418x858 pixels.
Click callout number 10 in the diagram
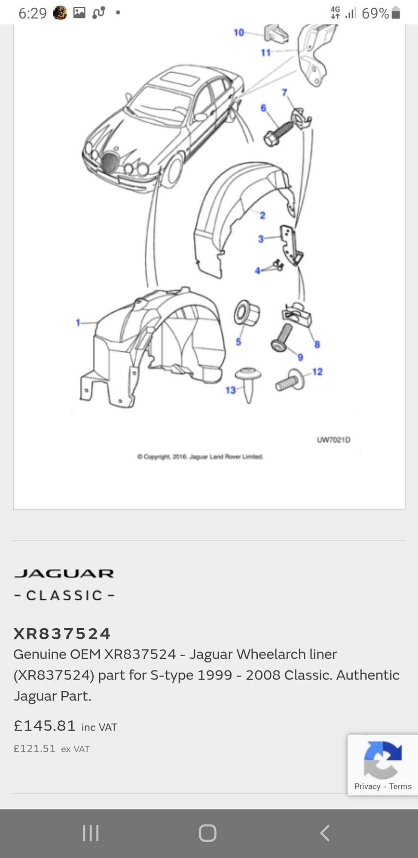(238, 32)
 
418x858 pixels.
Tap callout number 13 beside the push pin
(231, 390)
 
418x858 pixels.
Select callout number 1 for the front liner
(78, 322)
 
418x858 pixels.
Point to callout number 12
(317, 372)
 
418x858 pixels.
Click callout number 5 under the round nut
(238, 341)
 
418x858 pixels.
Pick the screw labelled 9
(282, 338)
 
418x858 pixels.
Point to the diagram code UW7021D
(333, 440)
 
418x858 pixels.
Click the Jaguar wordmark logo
(64, 574)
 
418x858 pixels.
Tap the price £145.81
(45, 726)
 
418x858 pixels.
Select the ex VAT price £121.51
(34, 749)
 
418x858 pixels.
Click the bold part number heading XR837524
(62, 634)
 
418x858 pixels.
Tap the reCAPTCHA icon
(382, 760)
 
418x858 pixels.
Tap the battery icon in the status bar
(396, 13)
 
